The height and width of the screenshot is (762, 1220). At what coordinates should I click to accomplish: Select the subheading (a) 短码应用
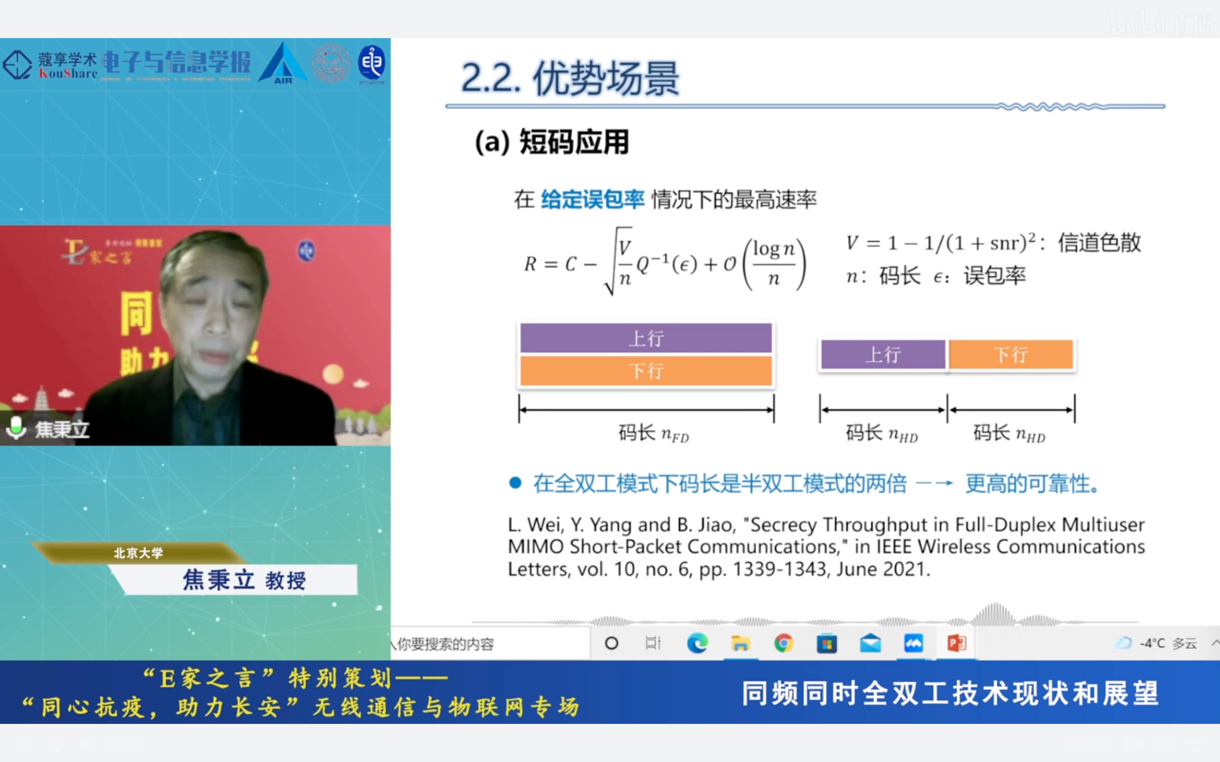[552, 142]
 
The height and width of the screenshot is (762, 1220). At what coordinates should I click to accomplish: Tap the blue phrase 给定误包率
[592, 199]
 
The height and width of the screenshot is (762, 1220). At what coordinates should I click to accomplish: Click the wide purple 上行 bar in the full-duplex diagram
[646, 338]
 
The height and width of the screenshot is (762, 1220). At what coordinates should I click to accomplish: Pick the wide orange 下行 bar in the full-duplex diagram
[646, 371]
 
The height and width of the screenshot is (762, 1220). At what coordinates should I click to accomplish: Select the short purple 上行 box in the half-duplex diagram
[883, 355]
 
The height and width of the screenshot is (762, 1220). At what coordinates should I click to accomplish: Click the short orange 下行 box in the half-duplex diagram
[1011, 355]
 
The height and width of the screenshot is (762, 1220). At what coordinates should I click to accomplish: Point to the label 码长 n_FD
[653, 433]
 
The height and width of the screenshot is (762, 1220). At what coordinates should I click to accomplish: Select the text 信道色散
[1099, 243]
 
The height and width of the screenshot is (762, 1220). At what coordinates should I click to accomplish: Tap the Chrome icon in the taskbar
[783, 643]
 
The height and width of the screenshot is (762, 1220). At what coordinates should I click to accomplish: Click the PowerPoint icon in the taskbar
[957, 643]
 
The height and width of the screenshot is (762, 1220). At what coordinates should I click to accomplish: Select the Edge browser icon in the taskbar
[697, 643]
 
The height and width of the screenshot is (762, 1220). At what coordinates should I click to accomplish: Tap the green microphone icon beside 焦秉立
[16, 428]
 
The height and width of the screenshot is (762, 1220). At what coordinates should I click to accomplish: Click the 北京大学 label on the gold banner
[138, 553]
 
